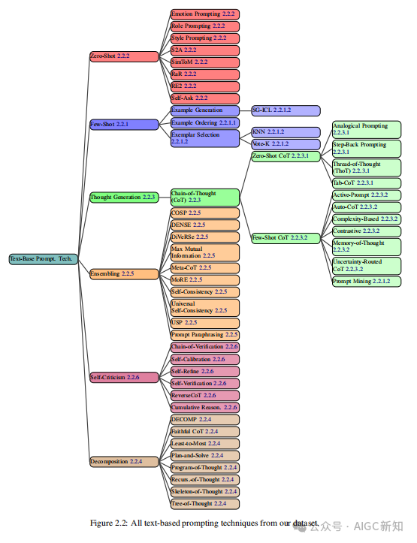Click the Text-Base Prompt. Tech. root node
point(44,259)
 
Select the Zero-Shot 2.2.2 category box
point(124,56)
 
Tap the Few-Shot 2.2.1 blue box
point(124,125)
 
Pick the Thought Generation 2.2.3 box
point(124,198)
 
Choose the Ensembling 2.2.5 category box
point(124,274)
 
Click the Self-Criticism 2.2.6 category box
point(124,378)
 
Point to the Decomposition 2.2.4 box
point(124,462)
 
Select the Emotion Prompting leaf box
point(205,14)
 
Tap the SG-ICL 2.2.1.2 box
point(286,110)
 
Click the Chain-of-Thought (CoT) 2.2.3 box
point(205,198)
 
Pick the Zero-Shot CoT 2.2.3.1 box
point(286,156)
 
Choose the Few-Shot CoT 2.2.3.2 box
point(286,238)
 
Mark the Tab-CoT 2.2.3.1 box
point(367,183)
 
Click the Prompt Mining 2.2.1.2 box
point(367,282)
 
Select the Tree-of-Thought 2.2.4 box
point(205,504)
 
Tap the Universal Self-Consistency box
point(205,307)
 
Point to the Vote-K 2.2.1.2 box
point(286,144)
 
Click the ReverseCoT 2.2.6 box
point(205,396)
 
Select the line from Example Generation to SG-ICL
point(246,110)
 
